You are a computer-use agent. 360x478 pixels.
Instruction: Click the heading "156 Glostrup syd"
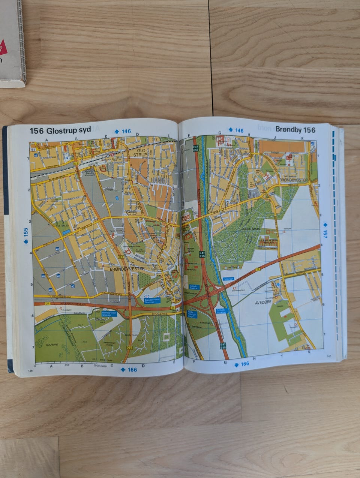60,130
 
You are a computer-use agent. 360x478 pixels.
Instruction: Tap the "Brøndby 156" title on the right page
295,130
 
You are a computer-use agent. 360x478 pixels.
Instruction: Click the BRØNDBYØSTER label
293,180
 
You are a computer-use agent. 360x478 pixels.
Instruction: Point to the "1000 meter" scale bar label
101,365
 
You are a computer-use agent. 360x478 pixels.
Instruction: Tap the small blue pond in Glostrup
118,198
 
